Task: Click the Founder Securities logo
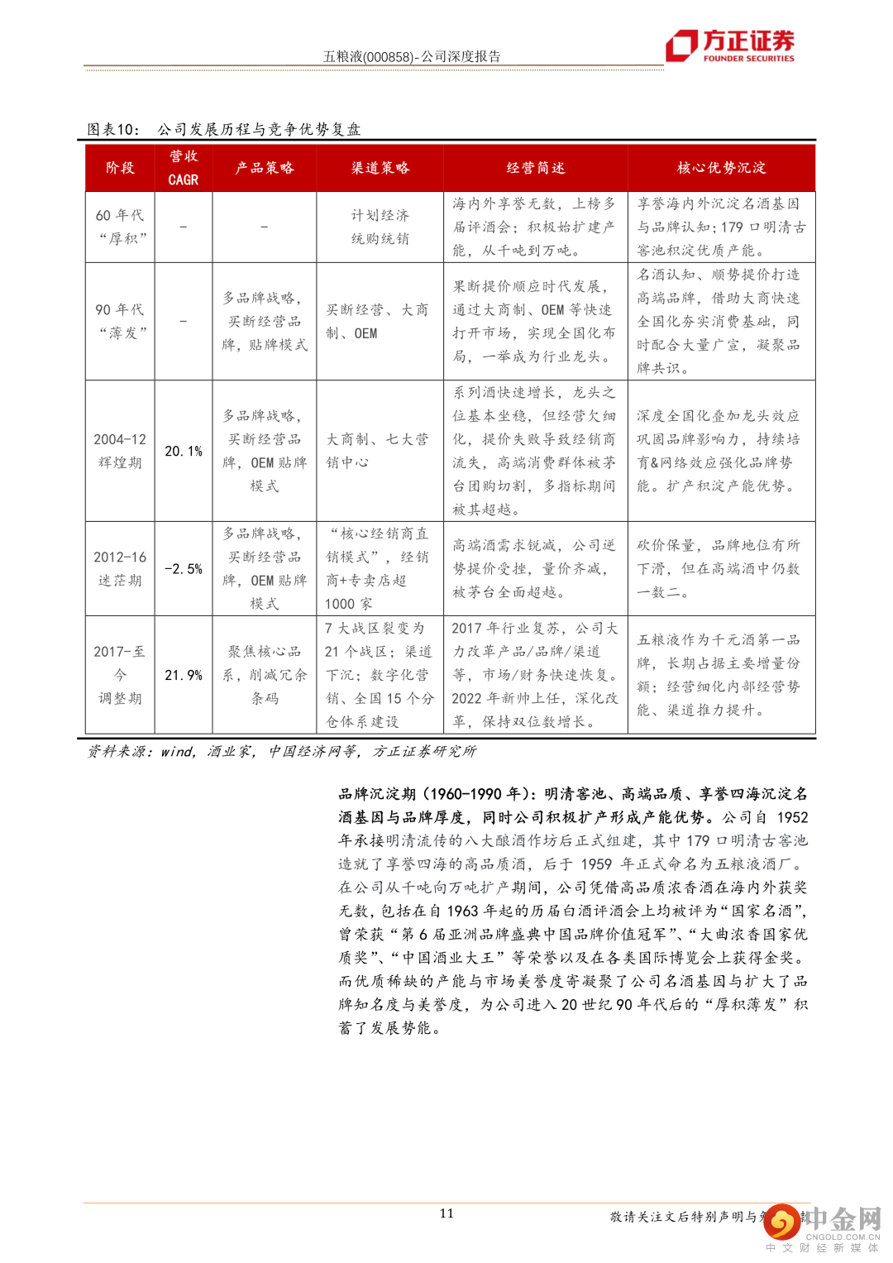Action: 731,45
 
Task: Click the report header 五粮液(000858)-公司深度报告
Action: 411,56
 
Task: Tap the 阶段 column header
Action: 120,168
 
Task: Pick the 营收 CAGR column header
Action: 183,168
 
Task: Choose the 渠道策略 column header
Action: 380,168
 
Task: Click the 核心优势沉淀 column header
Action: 721,168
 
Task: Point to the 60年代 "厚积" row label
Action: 120,227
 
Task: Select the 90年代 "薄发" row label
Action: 120,321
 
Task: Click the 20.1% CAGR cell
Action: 183,451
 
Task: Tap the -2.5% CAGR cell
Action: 183,569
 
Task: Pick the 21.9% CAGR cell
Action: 183,675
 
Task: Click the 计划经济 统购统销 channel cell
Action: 380,227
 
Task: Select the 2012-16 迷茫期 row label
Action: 120,569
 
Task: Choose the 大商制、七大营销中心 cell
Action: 377,451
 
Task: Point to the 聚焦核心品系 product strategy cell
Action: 264,675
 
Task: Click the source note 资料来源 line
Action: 281,751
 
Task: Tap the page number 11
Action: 446,1213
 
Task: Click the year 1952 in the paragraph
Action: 792,817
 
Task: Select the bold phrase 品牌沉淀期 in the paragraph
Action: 376,794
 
